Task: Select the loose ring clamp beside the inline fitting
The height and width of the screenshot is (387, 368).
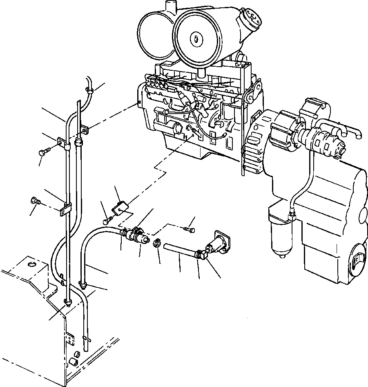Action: [x=156, y=244]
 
